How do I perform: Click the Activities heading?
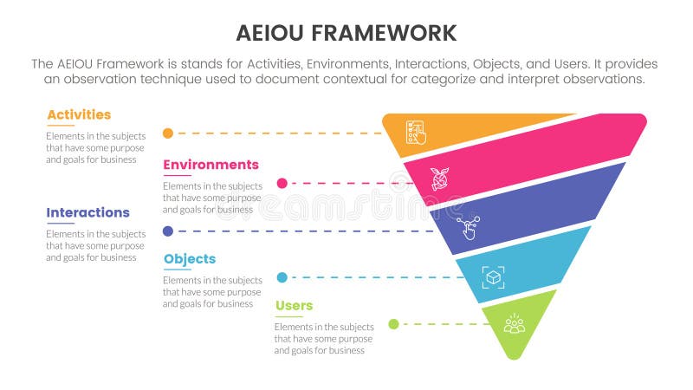coord(79,114)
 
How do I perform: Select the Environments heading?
coord(210,165)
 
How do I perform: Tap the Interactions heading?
coord(87,212)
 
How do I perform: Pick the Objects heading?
coord(189,259)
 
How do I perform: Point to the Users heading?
coord(295,306)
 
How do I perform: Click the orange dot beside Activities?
coord(168,133)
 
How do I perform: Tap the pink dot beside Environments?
coord(282,183)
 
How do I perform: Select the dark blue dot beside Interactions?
coord(168,231)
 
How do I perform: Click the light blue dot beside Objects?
coord(282,277)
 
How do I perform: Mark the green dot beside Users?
coord(393,324)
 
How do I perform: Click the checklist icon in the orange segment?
coord(416,133)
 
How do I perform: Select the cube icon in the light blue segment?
coord(493,277)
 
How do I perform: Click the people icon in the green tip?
coord(515,324)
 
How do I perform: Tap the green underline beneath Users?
coord(288,317)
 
